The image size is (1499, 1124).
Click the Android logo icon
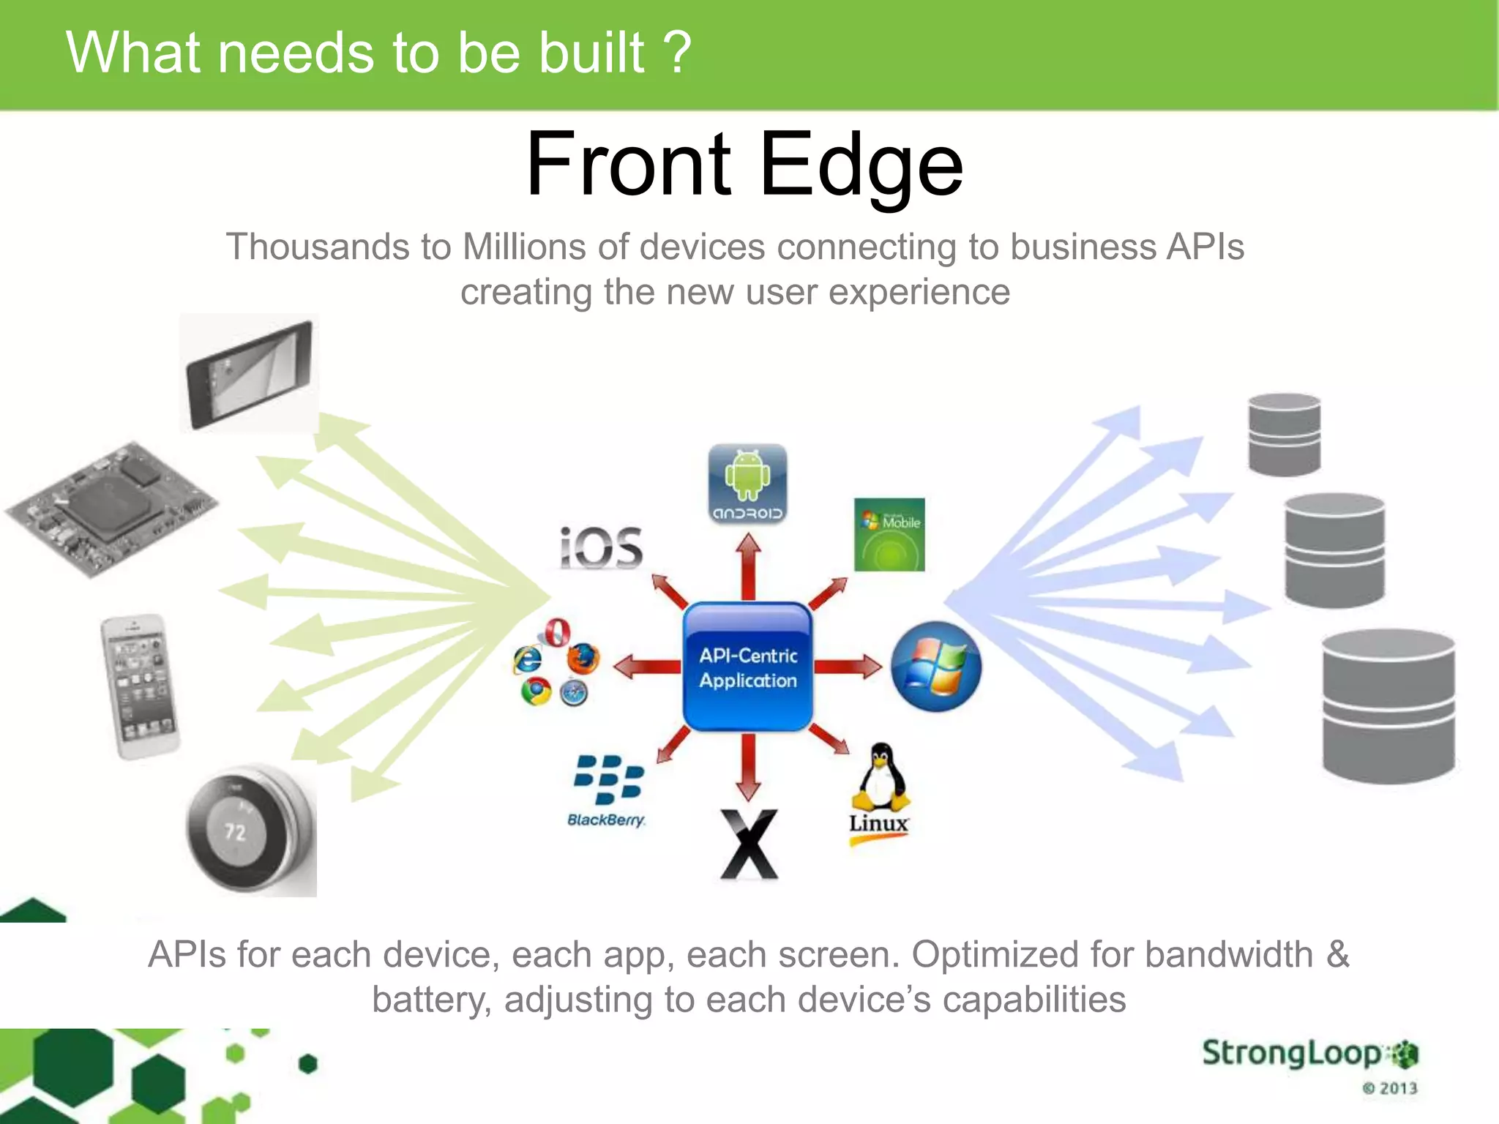pyautogui.click(x=747, y=483)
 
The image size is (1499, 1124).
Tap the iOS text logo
pyautogui.click(x=601, y=548)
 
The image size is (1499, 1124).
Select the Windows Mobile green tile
pyautogui.click(x=889, y=535)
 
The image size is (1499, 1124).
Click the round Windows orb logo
pyautogui.click(x=936, y=667)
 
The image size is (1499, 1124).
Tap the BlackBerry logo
pyautogui.click(x=608, y=789)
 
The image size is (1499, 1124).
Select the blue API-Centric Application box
pyautogui.click(x=747, y=667)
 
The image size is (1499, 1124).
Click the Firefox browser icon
pyautogui.click(x=583, y=658)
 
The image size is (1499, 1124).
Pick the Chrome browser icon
pyautogui.click(x=536, y=691)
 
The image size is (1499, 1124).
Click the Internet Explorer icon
pyautogui.click(x=528, y=659)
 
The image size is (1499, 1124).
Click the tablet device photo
pyautogui.click(x=249, y=374)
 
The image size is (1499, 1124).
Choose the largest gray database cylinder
pyautogui.click(x=1388, y=706)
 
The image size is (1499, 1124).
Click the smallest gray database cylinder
pyautogui.click(x=1285, y=435)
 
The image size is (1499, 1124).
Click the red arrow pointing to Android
pyautogui.click(x=748, y=568)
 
